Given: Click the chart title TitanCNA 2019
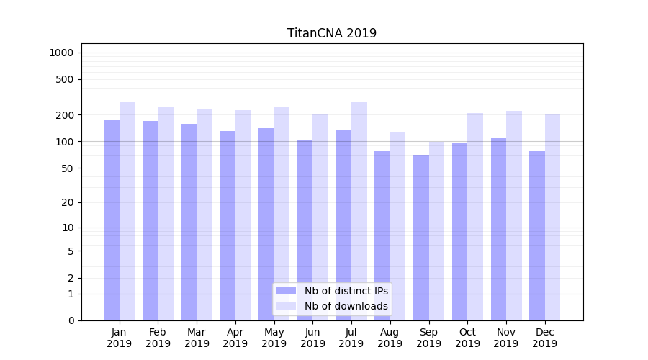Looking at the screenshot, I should pos(331,33).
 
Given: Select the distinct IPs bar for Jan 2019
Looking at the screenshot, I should pos(112,220).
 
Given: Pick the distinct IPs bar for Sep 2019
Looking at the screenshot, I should pos(420,238).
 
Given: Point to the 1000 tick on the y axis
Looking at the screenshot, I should pos(61,53).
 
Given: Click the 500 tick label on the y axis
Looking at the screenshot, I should pos(65,79).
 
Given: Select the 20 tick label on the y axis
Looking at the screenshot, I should pos(68,202).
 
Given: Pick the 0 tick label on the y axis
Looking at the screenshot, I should pos(71,320).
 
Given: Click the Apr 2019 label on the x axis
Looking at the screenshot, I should pos(235,338).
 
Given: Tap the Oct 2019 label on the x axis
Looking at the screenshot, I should pos(467,338).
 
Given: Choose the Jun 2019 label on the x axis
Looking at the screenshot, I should pos(312,338).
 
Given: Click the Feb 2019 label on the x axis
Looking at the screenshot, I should pos(158,338).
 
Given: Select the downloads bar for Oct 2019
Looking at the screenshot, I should pos(475,217).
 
